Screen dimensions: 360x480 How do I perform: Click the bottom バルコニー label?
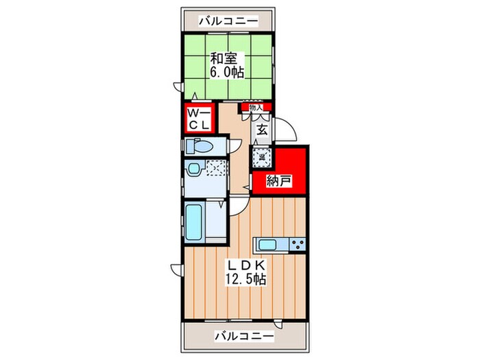243,336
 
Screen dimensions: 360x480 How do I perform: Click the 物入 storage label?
256,107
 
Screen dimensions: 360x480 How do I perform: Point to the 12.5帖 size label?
245,279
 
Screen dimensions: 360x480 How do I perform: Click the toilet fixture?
198,146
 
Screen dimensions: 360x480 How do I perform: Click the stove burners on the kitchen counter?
298,245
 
